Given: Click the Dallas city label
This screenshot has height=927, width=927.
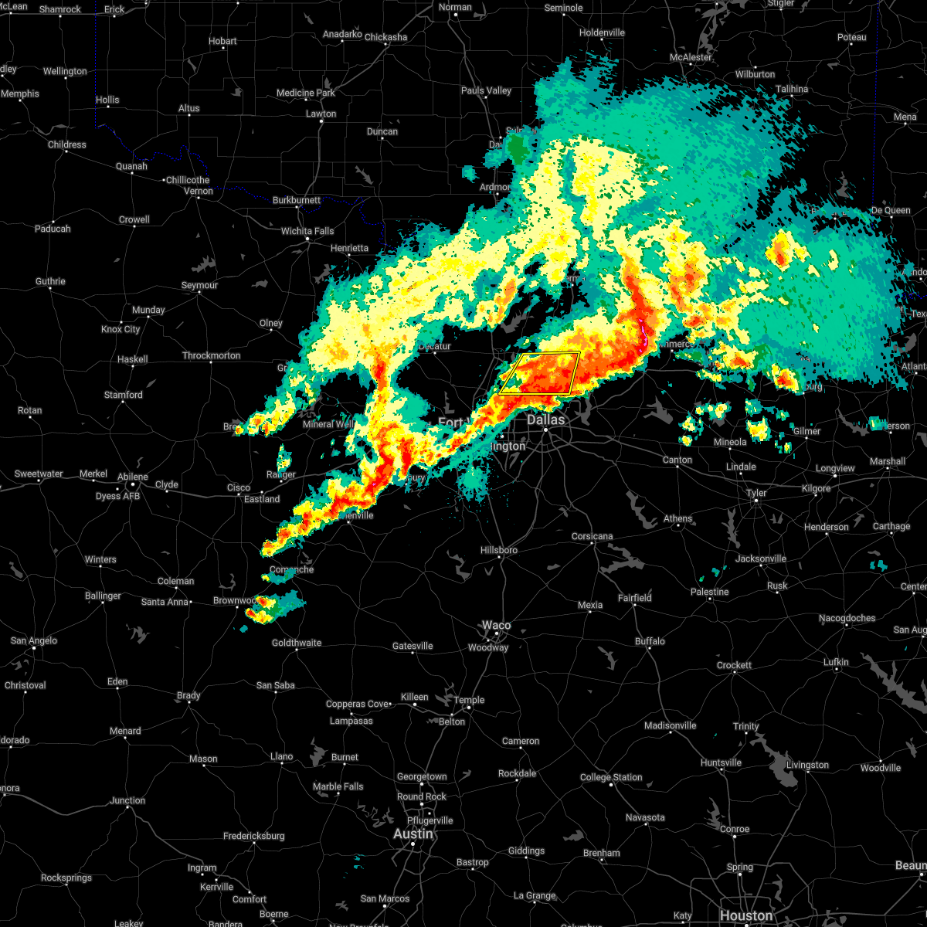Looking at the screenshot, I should coord(546,420).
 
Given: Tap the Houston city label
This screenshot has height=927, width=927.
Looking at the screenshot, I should coord(745,916).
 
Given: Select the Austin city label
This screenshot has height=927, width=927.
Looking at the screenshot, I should coord(413,834).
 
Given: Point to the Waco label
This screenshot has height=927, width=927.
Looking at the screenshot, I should coord(496,625).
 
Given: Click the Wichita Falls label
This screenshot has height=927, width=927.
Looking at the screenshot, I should coord(307,231).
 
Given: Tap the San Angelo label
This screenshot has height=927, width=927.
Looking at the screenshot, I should coord(32,640).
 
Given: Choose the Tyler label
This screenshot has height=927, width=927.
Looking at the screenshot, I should coord(756,493).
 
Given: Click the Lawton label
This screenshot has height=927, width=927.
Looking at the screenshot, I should coord(321,114).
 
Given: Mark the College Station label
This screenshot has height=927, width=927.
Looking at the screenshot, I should coord(611,777).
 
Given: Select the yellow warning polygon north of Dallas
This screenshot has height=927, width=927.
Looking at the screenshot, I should coord(540,373).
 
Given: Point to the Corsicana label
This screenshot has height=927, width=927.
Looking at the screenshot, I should coord(593,536).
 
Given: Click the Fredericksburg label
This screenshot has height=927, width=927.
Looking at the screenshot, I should coord(253,836).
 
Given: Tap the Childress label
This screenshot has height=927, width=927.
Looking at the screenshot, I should coord(67,144).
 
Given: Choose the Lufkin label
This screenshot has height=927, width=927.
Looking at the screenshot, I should coord(836,662).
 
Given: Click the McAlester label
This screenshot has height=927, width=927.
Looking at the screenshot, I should coord(691,57).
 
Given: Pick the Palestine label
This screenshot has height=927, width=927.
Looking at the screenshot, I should coord(709,592).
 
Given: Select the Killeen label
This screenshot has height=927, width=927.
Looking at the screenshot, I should coord(414,697).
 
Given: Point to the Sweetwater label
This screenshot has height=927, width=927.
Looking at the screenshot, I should coord(39,474).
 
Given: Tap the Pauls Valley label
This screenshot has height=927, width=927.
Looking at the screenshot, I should coord(487,90).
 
